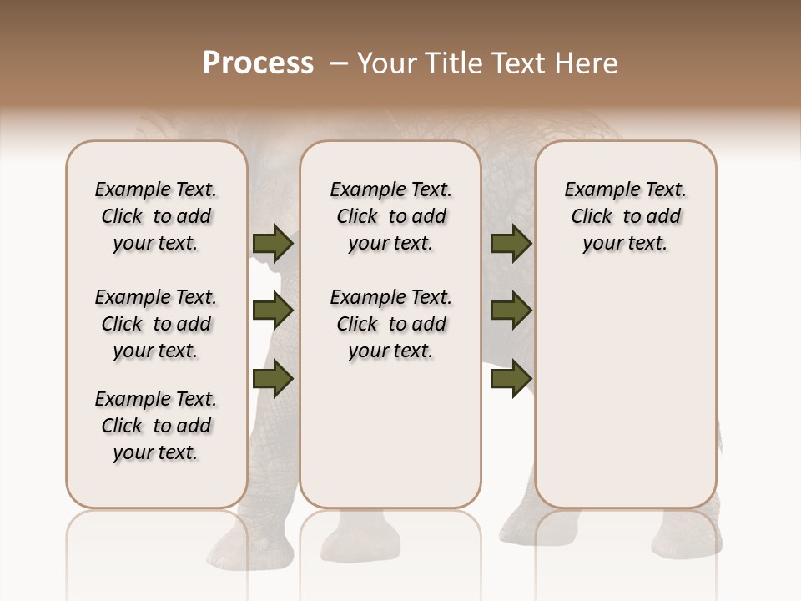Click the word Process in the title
click(258, 63)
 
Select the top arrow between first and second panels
click(273, 244)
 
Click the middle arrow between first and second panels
click(273, 311)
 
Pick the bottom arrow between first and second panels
click(273, 379)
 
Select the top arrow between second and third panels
click(511, 244)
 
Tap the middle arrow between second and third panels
click(511, 311)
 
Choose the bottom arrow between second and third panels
click(511, 379)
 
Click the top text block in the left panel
click(156, 216)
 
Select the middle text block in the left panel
click(156, 324)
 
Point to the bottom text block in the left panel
click(156, 426)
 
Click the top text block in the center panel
click(390, 216)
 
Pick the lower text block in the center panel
click(390, 324)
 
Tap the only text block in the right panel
click(625, 216)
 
